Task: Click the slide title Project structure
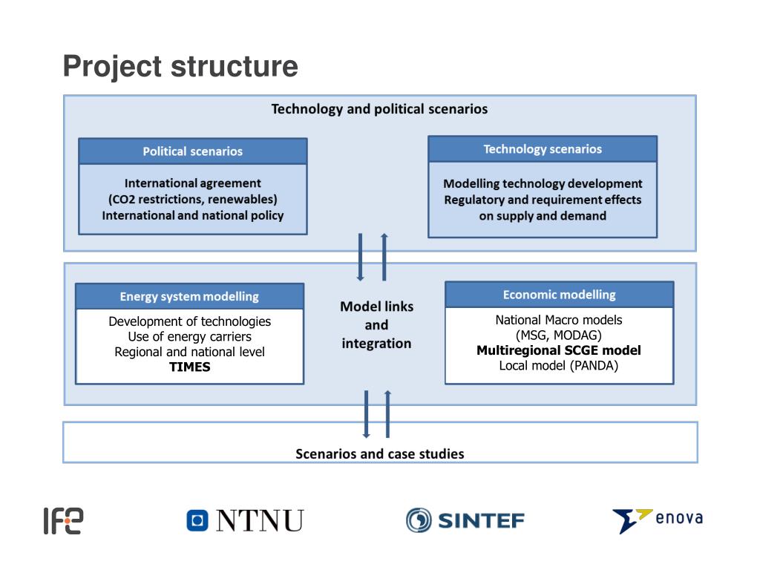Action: pyautogui.click(x=180, y=67)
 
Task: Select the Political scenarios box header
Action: pyautogui.click(x=193, y=151)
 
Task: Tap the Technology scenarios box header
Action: pyautogui.click(x=543, y=149)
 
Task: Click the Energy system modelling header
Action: pyautogui.click(x=189, y=296)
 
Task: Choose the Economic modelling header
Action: pyautogui.click(x=559, y=295)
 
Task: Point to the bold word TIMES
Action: pyautogui.click(x=190, y=367)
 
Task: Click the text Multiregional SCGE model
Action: pyautogui.click(x=559, y=350)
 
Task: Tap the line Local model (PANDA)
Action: pyautogui.click(x=559, y=365)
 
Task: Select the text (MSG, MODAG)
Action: pyautogui.click(x=559, y=335)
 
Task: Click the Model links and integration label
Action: pyautogui.click(x=376, y=325)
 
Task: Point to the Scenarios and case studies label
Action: pyautogui.click(x=380, y=453)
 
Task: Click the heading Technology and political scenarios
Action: pyautogui.click(x=379, y=109)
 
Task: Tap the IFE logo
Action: pyautogui.click(x=63, y=521)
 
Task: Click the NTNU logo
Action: pyautogui.click(x=245, y=520)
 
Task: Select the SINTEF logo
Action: pyautogui.click(x=465, y=520)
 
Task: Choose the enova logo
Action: pyautogui.click(x=657, y=520)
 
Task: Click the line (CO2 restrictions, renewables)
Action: pyautogui.click(x=193, y=199)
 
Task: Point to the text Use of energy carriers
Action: pyautogui.click(x=190, y=337)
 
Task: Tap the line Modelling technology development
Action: pyautogui.click(x=543, y=183)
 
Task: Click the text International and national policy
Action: pyautogui.click(x=193, y=215)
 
